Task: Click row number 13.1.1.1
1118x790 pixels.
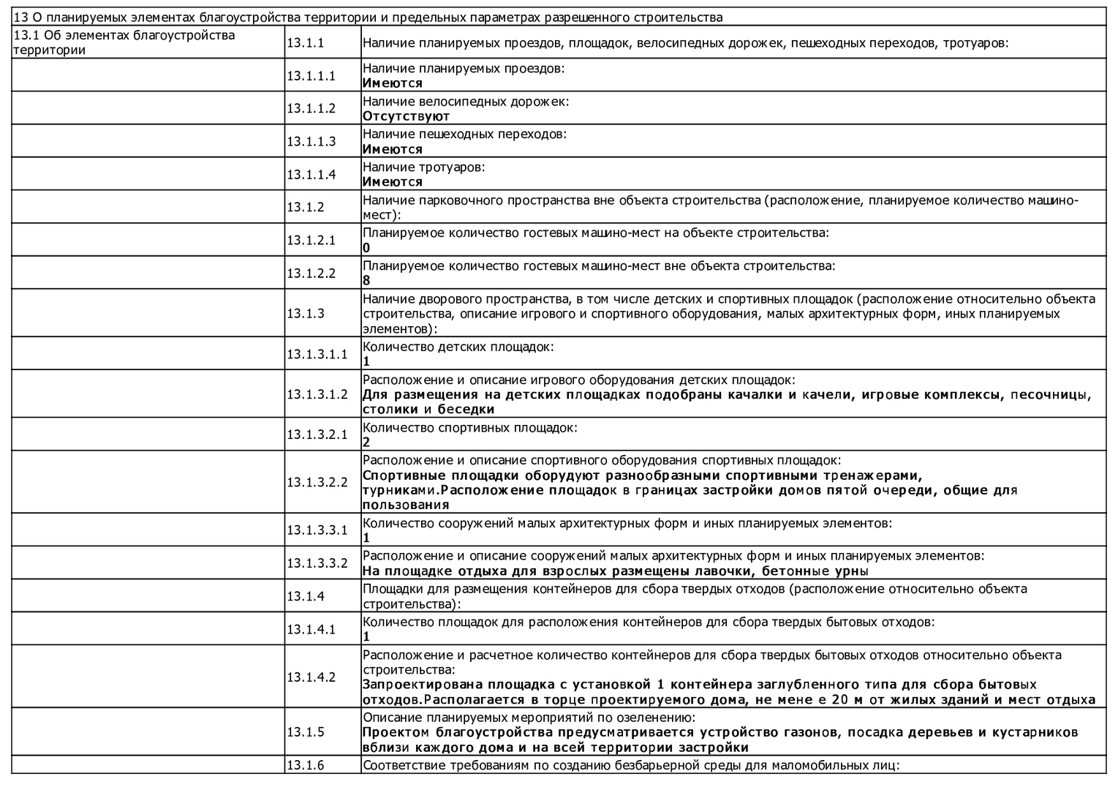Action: (311, 75)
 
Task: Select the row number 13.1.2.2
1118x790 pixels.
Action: (311, 273)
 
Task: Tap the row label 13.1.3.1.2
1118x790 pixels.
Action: (317, 394)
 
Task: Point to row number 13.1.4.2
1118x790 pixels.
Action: (311, 677)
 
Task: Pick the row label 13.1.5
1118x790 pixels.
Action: (305, 732)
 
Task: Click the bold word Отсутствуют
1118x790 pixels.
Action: (406, 116)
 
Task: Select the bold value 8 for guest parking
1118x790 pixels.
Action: (366, 281)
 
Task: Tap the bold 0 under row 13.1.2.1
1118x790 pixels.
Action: (366, 248)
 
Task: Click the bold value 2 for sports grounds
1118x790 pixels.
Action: (366, 442)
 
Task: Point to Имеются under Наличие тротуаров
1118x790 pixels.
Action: (393, 182)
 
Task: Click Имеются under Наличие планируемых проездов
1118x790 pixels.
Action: (393, 83)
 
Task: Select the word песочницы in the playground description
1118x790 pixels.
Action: (1051, 395)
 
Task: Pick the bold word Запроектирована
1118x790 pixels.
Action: (422, 685)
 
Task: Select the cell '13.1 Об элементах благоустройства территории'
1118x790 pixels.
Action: (124, 42)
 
